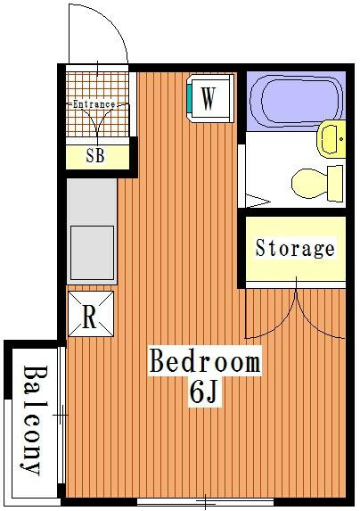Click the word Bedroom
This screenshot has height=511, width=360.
point(205,360)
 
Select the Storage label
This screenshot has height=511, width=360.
point(295,249)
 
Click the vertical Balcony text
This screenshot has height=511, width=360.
point(34,421)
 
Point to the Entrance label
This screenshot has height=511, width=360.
point(94,104)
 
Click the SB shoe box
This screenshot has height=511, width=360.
point(98,157)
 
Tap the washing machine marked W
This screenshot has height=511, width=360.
point(210,98)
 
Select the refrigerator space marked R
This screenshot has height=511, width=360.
point(91,314)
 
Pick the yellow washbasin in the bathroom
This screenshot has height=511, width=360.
point(331,139)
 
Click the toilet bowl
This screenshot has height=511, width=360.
point(309,183)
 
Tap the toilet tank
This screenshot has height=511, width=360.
point(335,183)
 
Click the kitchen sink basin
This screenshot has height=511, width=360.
point(92,253)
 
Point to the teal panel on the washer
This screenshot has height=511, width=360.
point(189,97)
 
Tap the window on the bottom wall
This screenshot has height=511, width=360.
point(205,501)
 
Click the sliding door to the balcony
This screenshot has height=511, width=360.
point(61,415)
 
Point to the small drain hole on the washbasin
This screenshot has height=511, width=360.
point(340,139)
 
